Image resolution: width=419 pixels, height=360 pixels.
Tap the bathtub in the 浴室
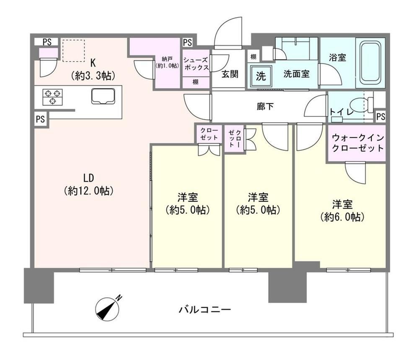(x=370, y=63)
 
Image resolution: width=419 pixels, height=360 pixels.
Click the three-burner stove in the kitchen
(x=52, y=97)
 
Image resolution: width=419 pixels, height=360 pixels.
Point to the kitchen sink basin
(x=103, y=96)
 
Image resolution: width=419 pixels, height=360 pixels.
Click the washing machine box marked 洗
(x=261, y=76)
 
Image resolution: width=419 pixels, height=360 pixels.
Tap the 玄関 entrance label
(x=230, y=74)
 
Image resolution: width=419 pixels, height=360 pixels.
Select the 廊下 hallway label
(x=265, y=107)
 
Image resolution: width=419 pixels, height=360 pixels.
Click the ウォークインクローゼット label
(x=358, y=143)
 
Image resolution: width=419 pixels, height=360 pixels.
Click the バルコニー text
(x=205, y=310)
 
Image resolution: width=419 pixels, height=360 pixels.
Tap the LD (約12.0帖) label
(x=89, y=184)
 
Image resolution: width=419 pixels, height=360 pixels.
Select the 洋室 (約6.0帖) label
(x=342, y=211)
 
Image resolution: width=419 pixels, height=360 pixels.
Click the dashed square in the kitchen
(x=73, y=51)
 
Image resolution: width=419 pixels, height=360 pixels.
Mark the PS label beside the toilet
(x=381, y=116)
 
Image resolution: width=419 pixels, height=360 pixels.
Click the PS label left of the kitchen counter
(x=40, y=118)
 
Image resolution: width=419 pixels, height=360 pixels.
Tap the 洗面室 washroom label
(x=297, y=74)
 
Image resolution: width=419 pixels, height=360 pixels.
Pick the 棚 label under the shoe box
(x=196, y=82)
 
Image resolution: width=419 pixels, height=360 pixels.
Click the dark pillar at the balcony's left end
(x=39, y=285)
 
